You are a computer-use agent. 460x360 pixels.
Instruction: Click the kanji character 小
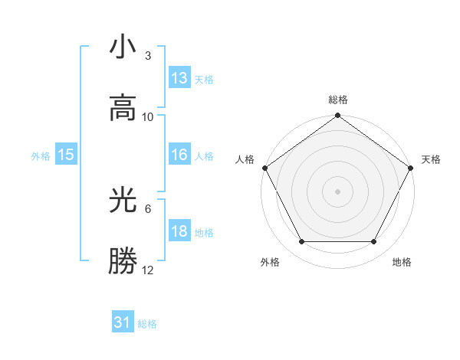[123, 47]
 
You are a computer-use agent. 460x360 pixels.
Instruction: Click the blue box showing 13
[179, 78]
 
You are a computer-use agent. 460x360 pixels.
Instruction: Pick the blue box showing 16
[179, 155]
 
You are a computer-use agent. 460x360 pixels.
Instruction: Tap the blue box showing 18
[179, 231]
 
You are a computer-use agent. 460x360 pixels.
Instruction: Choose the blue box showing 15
[66, 155]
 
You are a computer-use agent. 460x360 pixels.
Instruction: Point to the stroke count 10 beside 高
[148, 116]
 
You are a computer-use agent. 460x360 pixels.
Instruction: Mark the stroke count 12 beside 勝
[148, 270]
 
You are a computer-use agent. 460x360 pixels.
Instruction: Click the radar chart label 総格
[338, 100]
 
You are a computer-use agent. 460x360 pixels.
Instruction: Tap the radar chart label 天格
[431, 159]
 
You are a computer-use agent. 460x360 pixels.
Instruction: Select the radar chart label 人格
[245, 159]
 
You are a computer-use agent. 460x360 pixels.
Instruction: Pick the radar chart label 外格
[270, 263]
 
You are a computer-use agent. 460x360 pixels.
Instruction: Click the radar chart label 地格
[402, 263]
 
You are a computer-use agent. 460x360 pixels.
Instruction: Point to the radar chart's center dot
[338, 191]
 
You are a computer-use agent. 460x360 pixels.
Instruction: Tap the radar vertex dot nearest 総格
[338, 116]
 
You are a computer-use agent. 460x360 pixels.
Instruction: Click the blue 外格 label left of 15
[40, 155]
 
